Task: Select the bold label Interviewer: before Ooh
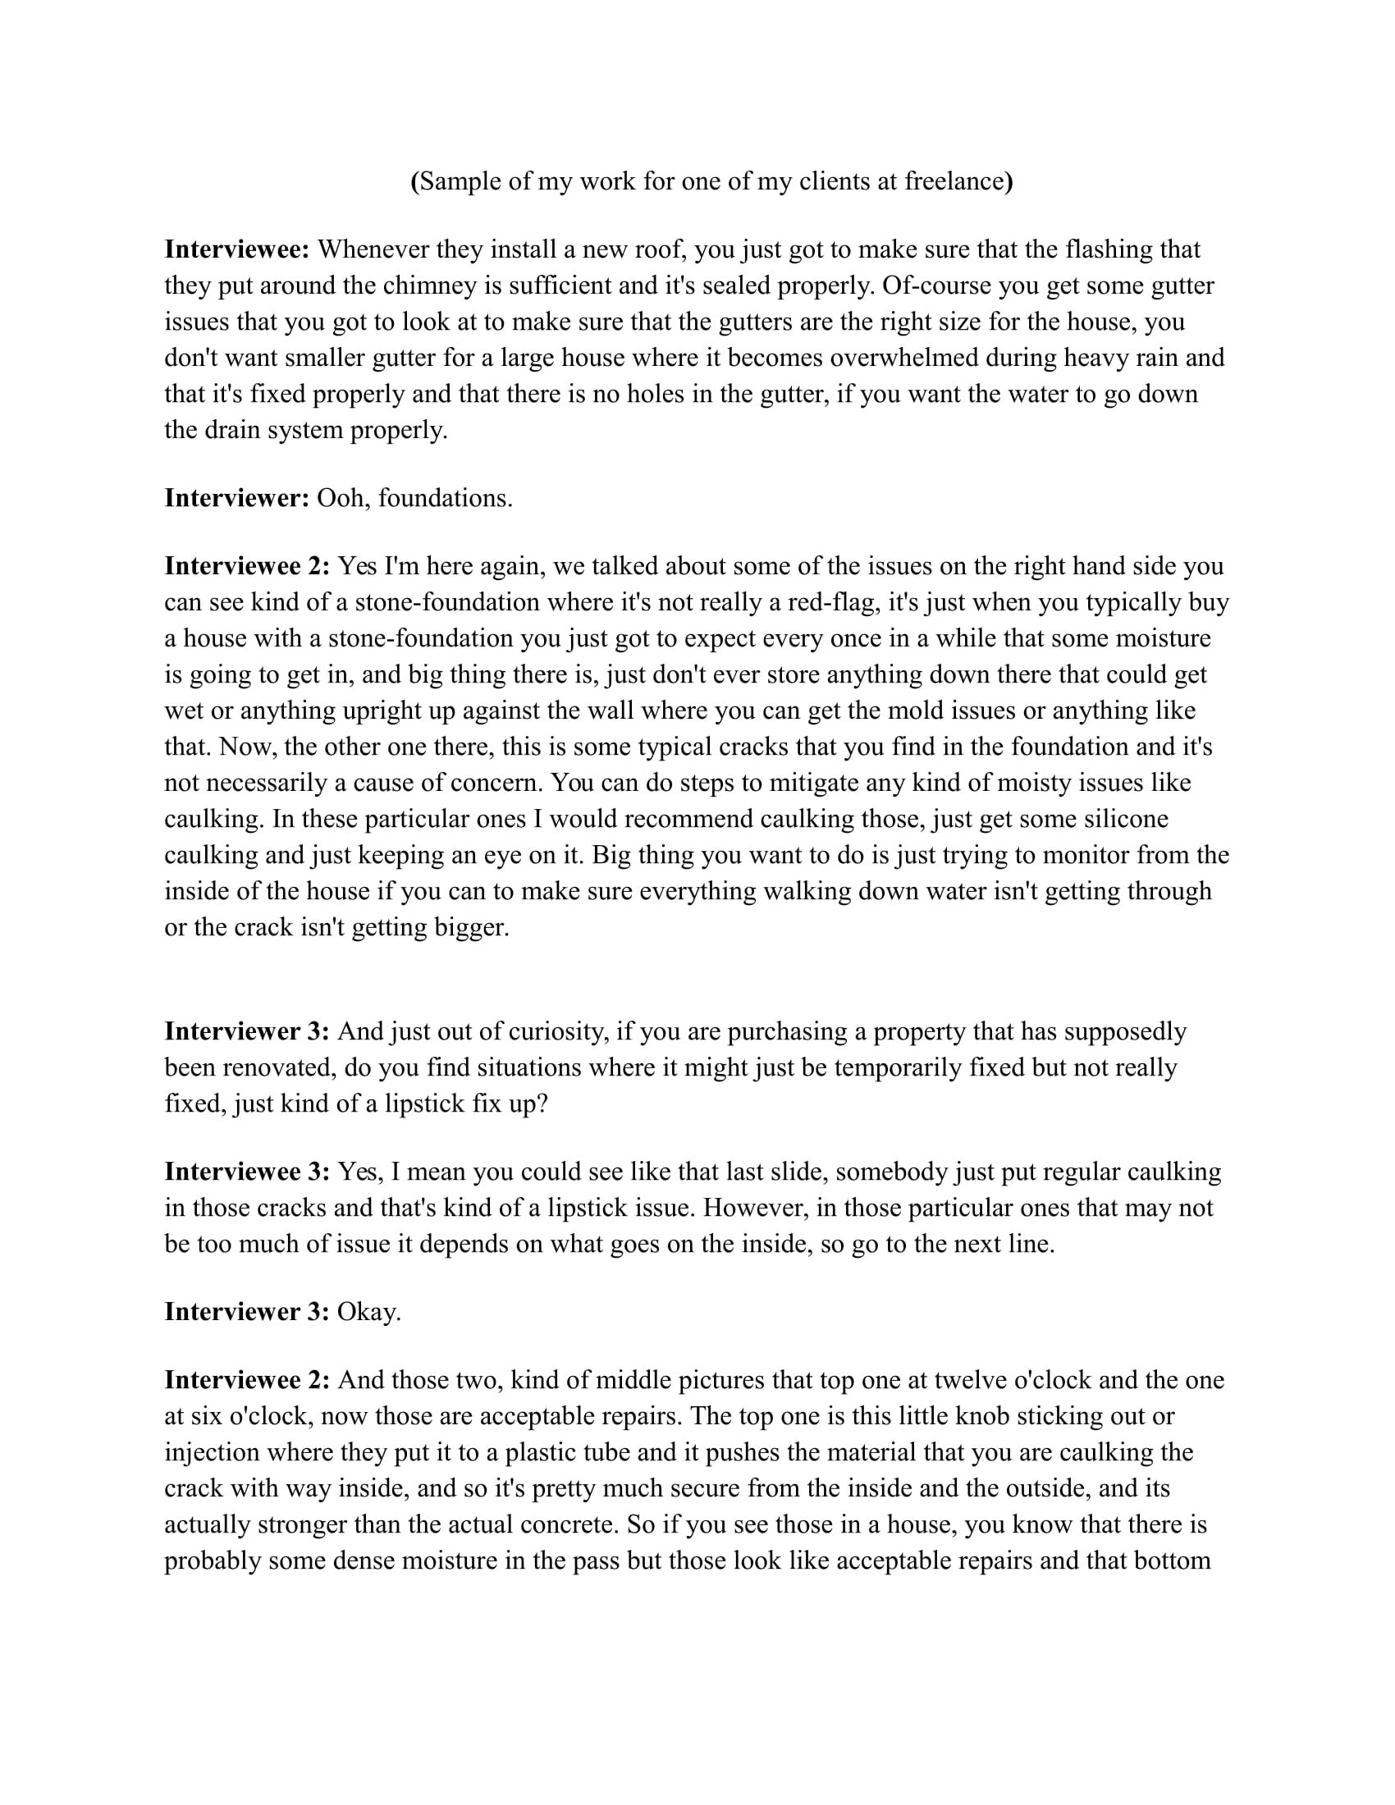pyautogui.click(x=237, y=498)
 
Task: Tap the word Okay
pyautogui.click(x=368, y=1312)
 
